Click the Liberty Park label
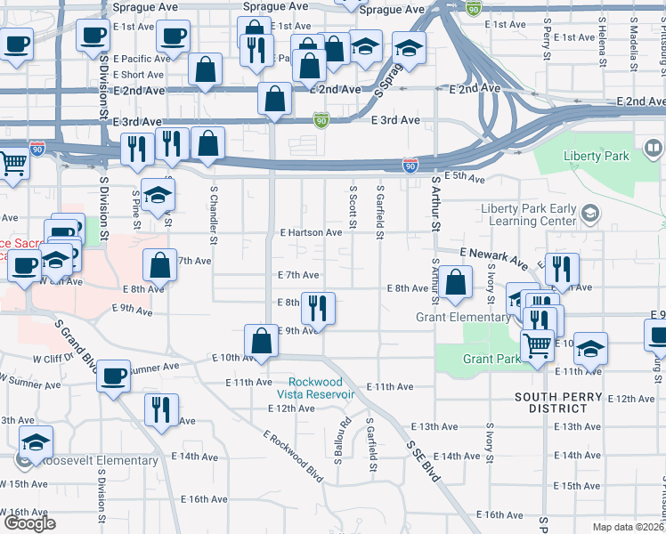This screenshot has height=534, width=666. click(596, 156)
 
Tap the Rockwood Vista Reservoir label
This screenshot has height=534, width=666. click(316, 388)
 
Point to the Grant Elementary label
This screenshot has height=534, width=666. click(464, 318)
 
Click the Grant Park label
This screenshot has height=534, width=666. click(491, 359)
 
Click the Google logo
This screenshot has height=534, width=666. click(30, 523)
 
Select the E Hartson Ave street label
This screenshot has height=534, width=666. click(311, 232)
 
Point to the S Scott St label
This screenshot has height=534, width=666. click(353, 206)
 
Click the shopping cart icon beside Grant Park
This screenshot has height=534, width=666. click(537, 344)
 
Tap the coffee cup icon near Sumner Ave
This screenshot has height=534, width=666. click(113, 376)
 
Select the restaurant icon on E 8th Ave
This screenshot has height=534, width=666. click(318, 307)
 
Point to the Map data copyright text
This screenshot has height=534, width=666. click(629, 527)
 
